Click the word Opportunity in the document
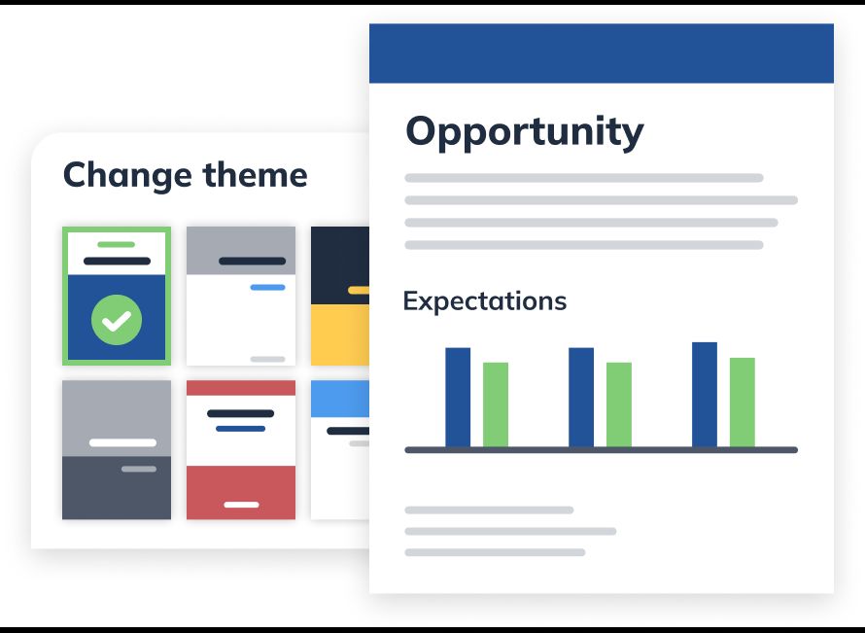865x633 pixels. (x=525, y=132)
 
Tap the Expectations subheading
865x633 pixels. (x=485, y=301)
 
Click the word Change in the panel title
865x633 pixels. (x=127, y=176)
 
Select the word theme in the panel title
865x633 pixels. (x=255, y=174)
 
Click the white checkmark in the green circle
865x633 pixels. (x=117, y=321)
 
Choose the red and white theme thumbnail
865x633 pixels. (x=241, y=450)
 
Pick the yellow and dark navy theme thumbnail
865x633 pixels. (x=340, y=296)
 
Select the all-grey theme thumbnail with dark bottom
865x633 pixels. (x=117, y=450)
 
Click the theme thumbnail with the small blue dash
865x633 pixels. (x=241, y=296)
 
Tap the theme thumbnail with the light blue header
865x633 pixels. (x=340, y=450)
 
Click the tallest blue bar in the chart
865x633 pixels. (x=705, y=395)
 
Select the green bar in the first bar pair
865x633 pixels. (x=496, y=404)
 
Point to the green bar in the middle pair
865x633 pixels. (x=619, y=404)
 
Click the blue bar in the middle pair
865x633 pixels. (x=581, y=398)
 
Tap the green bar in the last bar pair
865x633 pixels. (x=742, y=403)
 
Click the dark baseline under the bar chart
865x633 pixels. (x=602, y=450)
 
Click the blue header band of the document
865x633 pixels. (x=602, y=53)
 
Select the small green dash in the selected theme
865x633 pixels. (x=117, y=244)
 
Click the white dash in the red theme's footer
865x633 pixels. (x=241, y=505)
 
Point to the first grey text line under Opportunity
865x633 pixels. (x=584, y=178)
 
